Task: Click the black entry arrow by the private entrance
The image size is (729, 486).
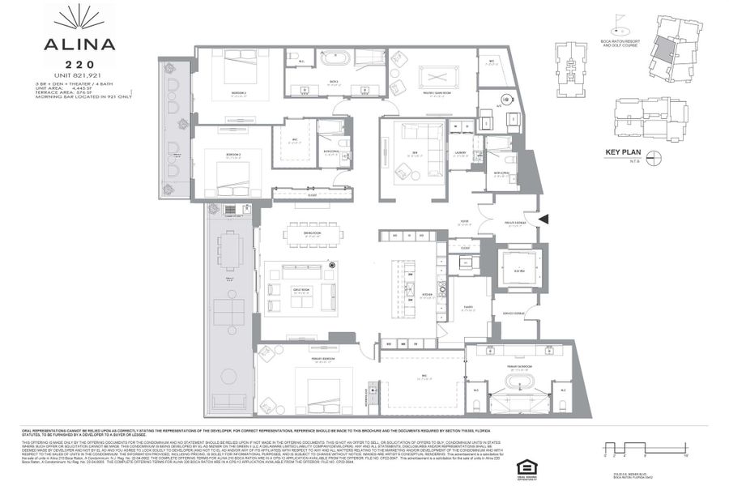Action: (544, 217)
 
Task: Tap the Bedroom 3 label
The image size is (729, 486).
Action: (238, 93)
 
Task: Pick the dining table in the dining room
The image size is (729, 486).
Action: (312, 235)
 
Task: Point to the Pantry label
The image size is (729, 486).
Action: (468, 308)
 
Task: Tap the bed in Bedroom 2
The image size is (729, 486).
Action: (235, 173)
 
